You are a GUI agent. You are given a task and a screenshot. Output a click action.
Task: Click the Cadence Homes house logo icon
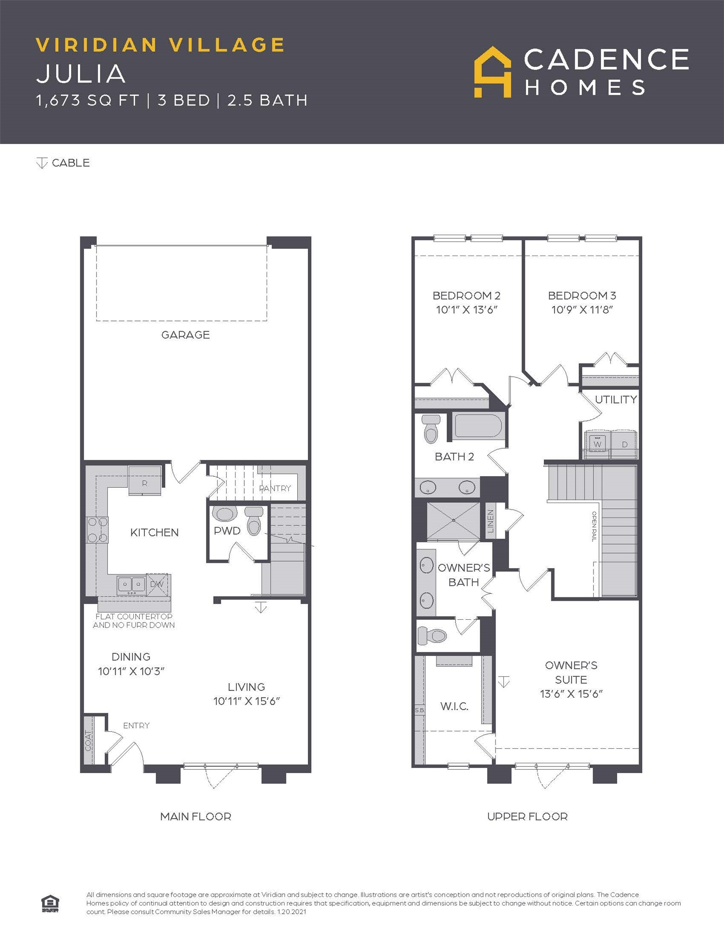tap(492, 72)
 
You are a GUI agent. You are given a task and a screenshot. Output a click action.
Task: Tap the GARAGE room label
tap(185, 334)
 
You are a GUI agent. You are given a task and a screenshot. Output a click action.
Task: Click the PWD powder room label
tap(227, 531)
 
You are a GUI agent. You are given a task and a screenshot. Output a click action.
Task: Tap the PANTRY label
tap(275, 488)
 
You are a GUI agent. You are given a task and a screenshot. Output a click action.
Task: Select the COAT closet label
tap(88, 740)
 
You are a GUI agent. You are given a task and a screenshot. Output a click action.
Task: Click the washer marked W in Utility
tap(597, 444)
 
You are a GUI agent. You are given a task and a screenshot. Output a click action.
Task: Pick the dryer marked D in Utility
tap(624, 444)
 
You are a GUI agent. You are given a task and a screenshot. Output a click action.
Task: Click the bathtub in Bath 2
tap(478, 426)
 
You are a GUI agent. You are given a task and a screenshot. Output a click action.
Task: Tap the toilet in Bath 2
tap(431, 429)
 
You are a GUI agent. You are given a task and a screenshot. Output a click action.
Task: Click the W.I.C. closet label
tap(454, 706)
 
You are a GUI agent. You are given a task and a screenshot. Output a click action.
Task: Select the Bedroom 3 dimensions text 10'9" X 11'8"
tap(582, 309)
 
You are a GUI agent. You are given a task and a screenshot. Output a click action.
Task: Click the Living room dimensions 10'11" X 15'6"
tap(247, 701)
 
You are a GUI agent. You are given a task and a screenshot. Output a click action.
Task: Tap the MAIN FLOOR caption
tap(196, 816)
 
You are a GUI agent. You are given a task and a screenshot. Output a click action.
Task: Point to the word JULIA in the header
tap(81, 73)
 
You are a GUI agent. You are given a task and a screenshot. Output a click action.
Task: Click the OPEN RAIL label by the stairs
tap(594, 526)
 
